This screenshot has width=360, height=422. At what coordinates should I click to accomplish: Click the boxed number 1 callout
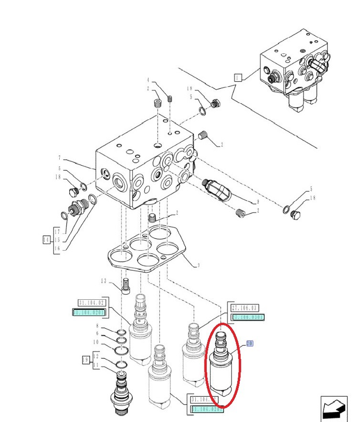tap(238, 77)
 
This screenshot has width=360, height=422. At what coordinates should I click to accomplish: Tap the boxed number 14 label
tap(46, 240)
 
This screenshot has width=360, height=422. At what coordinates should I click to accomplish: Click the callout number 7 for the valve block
tap(59, 158)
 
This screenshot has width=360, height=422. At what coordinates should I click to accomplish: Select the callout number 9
tap(258, 202)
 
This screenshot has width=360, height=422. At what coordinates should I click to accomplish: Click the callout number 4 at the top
tap(148, 80)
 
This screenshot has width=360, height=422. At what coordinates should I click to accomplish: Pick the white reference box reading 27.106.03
tap(245, 308)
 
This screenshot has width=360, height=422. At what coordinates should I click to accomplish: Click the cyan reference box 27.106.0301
tap(248, 317)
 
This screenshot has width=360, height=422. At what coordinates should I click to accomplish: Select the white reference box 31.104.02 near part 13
tap(92, 303)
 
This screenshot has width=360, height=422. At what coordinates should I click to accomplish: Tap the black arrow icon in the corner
tap(335, 408)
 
